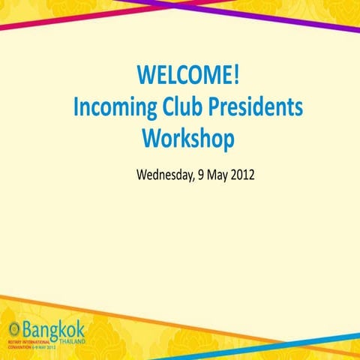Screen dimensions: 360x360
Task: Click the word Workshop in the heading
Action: [188, 139]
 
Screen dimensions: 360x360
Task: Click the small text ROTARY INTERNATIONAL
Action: [30, 341]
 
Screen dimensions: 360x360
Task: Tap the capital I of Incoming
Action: [76, 108]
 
